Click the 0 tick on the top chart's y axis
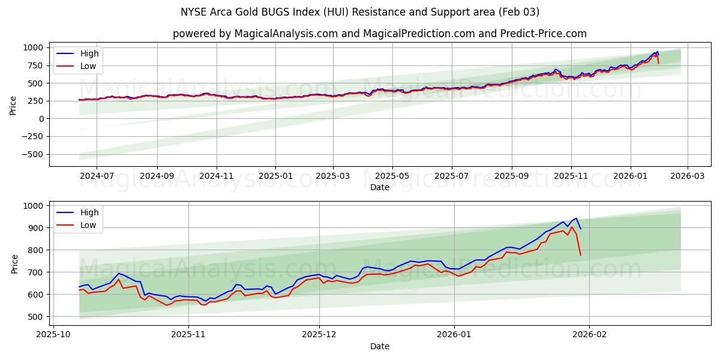[x=41, y=119]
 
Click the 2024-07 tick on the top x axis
[x=96, y=176]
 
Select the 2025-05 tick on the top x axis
[x=393, y=176]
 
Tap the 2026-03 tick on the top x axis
[x=687, y=176]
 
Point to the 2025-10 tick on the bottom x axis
[x=54, y=335]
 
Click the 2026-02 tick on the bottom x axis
[x=589, y=335]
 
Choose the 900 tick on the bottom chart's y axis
[x=36, y=228]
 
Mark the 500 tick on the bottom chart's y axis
[x=36, y=317]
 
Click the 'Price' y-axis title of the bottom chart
[x=15, y=264]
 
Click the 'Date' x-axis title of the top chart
[x=379, y=187]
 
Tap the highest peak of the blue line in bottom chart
[x=576, y=218]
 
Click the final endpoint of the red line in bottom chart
[x=580, y=256]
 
